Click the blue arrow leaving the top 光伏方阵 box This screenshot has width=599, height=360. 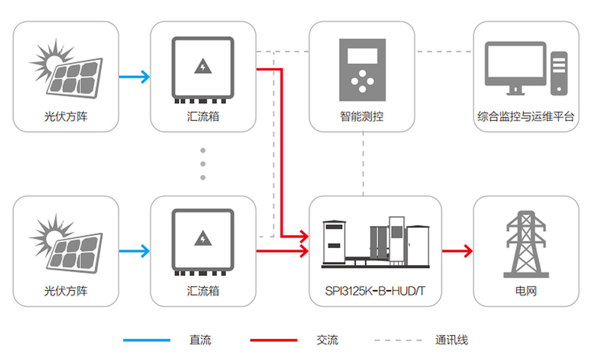coord(134,77)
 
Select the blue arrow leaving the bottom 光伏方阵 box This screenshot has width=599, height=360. coord(134,251)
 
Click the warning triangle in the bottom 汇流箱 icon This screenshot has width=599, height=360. coord(203,239)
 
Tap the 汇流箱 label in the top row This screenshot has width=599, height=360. coord(203,117)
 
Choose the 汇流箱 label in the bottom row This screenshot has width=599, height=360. coord(203,291)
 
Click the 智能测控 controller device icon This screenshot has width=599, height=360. coord(362,70)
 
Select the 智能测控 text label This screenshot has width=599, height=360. coord(362,117)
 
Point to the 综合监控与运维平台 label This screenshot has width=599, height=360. coord(526,117)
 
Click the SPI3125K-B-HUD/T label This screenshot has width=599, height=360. coord(375,291)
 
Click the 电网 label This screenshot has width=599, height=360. coord(526,291)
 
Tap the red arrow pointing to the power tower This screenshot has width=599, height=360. coord(457,251)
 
